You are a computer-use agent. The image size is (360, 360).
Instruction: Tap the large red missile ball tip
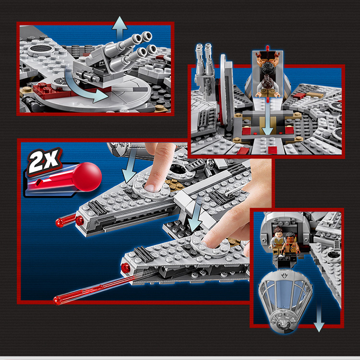click(87, 177)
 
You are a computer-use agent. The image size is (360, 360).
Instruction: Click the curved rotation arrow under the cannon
click(83, 87)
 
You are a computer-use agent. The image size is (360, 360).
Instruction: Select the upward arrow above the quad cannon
click(120, 27)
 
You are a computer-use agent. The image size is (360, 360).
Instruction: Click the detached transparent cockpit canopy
click(286, 301)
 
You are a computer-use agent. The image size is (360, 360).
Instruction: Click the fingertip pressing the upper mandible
click(150, 186)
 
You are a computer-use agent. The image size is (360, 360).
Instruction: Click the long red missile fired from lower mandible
click(94, 290)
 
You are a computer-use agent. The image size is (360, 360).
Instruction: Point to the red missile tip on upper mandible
click(66, 220)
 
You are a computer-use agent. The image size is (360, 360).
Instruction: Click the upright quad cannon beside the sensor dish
click(205, 69)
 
